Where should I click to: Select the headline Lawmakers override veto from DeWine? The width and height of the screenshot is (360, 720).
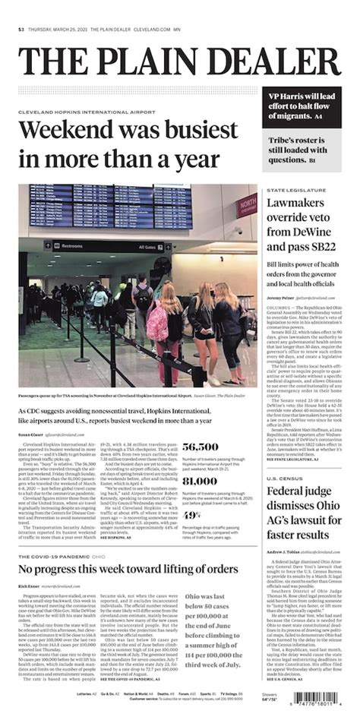tap(304, 226)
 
